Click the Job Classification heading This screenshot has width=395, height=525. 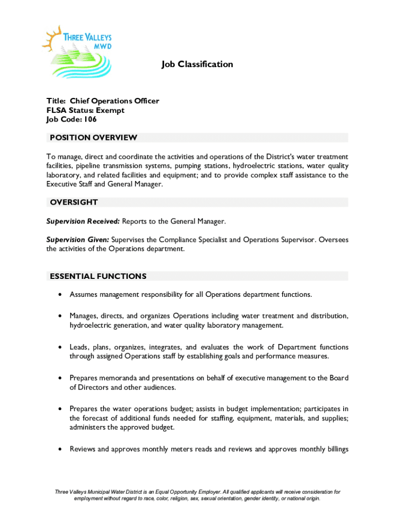point(197,64)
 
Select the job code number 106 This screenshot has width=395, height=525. point(90,119)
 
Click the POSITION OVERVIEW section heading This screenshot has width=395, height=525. point(93,137)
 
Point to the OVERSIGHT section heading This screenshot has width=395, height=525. point(74,203)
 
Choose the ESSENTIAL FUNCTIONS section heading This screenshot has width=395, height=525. point(98,276)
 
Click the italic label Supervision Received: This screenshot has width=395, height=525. point(83,221)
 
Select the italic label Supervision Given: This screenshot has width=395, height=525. point(77,239)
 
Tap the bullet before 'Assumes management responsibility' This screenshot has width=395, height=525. point(61,295)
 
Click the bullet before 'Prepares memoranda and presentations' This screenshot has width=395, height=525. point(61,378)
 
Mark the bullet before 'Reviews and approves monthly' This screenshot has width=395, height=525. point(61,449)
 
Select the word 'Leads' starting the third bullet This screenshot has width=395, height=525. point(80,347)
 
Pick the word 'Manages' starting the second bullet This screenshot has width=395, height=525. point(84,315)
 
